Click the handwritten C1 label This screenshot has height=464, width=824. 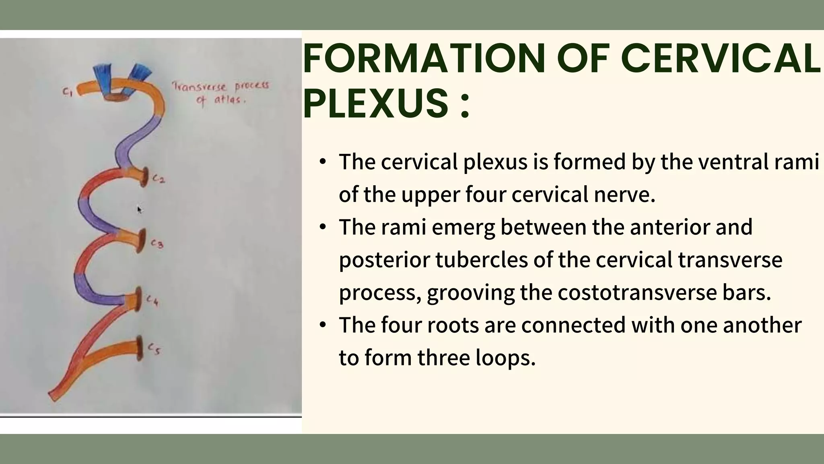tap(67, 93)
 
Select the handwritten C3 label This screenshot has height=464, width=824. tap(157, 244)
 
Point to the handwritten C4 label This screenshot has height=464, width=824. tap(152, 300)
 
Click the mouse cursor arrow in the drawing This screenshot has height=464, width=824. tap(139, 210)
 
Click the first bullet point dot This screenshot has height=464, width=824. tap(322, 162)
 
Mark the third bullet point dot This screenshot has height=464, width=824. tap(322, 325)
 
